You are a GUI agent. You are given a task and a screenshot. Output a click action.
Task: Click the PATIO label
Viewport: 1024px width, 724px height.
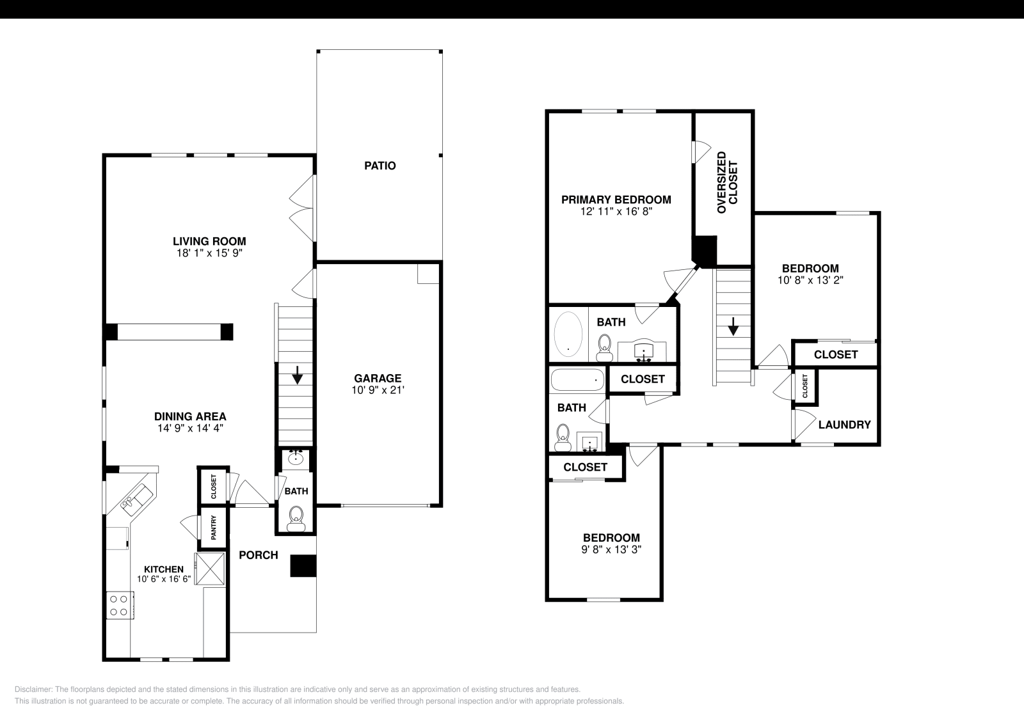(380, 166)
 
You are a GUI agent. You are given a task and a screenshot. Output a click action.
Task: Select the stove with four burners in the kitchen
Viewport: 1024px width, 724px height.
(119, 605)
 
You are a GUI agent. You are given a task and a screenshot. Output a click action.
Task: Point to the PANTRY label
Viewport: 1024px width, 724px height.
(214, 528)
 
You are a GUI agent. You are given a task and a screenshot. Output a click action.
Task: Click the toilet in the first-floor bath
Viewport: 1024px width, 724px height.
(296, 516)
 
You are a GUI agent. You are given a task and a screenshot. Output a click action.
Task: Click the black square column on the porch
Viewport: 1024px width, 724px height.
(303, 566)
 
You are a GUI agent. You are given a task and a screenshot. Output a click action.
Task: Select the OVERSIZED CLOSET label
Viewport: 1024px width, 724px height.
(727, 182)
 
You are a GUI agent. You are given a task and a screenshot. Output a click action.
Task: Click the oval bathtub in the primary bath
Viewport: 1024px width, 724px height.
(568, 334)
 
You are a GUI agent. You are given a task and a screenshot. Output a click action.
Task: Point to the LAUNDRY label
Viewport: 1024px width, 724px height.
(844, 425)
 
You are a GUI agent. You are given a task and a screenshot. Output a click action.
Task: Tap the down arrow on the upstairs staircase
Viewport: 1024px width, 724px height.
(733, 327)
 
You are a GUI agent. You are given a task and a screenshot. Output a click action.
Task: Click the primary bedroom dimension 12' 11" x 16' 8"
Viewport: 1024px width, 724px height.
(616, 211)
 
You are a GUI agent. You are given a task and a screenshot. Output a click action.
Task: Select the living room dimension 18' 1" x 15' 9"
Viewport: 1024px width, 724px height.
(209, 253)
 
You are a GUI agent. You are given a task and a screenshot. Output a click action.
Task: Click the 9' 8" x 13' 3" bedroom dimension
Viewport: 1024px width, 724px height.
(611, 549)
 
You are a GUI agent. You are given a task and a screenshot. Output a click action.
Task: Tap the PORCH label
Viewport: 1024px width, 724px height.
(258, 555)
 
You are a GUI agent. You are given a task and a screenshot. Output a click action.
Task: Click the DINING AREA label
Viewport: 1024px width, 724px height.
(190, 416)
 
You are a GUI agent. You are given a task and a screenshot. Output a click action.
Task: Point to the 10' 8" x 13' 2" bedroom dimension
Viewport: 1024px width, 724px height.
(810, 280)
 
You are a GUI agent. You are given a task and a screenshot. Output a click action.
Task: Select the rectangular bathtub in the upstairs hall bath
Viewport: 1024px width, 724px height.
(577, 380)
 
